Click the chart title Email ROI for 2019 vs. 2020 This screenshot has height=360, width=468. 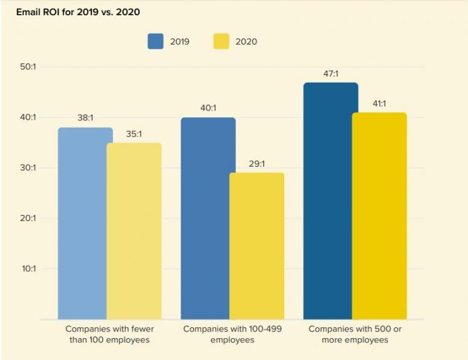point(74,12)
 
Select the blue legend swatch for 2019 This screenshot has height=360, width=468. point(155,42)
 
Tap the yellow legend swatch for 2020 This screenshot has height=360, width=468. point(221,42)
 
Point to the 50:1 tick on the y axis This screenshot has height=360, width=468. point(28,67)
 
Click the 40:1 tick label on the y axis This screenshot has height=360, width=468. point(28,117)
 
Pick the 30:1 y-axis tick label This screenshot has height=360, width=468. point(28,168)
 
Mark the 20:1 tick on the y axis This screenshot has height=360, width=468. point(28,218)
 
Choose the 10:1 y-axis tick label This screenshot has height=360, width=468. point(28,268)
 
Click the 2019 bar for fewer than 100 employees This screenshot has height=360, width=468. point(85,223)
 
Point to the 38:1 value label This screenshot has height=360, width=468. point(85,118)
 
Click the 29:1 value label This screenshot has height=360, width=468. point(256,164)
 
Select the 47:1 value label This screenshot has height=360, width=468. point(331,74)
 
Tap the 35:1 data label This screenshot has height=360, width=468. point(134,134)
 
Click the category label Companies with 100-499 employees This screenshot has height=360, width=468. point(233,335)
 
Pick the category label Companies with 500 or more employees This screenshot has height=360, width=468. point(356,335)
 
